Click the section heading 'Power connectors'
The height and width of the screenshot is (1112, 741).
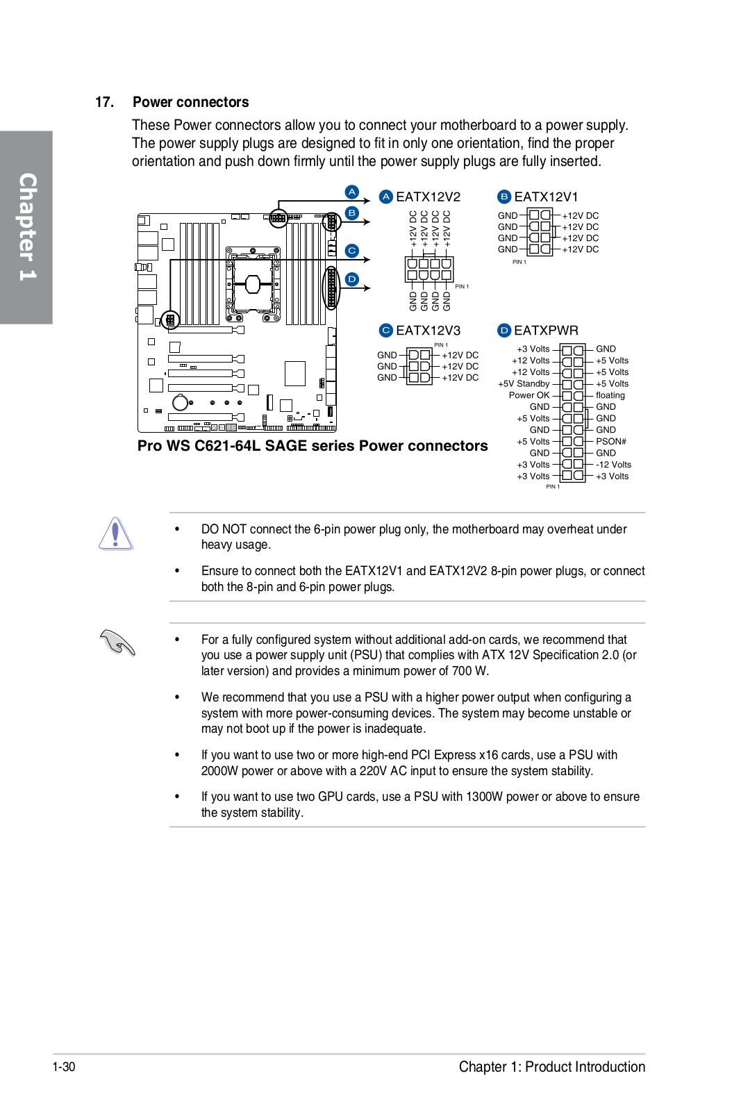[190, 102]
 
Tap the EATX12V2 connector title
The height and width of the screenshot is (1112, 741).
[428, 197]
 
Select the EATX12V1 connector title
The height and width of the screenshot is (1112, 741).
[546, 197]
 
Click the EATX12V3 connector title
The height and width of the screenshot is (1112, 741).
[428, 331]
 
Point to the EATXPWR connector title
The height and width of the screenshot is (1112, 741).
[546, 331]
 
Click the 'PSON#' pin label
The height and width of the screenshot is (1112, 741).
[610, 442]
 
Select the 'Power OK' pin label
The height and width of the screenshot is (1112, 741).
[529, 395]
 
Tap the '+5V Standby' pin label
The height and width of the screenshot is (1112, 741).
[524, 383]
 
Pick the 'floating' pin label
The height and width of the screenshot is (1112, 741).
[610, 395]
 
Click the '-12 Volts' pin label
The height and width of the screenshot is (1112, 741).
[613, 465]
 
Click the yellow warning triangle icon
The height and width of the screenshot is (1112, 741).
[115, 534]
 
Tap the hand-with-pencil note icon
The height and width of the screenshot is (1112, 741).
[117, 642]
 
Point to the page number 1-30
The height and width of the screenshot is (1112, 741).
[64, 1067]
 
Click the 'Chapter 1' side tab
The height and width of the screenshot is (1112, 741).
[26, 227]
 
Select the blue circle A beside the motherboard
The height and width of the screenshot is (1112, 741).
[352, 192]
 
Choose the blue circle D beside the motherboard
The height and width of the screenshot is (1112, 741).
[352, 279]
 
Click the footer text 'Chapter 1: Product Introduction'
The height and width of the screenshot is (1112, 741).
[551, 1067]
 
